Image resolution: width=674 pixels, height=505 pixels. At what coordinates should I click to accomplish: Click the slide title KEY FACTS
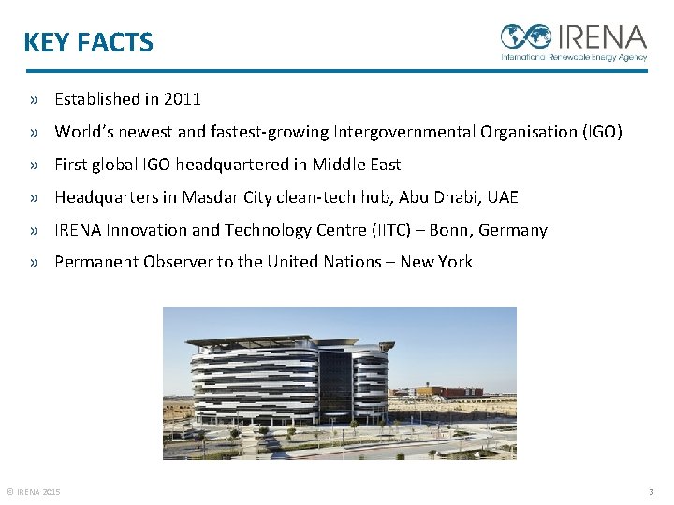coord(88,43)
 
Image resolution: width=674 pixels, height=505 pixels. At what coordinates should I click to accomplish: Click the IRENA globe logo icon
coord(526,36)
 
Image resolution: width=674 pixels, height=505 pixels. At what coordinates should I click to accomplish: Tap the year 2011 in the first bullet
coord(182,99)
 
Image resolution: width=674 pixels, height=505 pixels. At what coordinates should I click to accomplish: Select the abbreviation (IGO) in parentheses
coord(602,132)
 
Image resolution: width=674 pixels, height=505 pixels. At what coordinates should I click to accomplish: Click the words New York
coord(436,263)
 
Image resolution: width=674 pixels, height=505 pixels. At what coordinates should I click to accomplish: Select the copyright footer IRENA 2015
coord(34,492)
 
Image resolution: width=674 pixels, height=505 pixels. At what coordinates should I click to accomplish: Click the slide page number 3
coord(652,492)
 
